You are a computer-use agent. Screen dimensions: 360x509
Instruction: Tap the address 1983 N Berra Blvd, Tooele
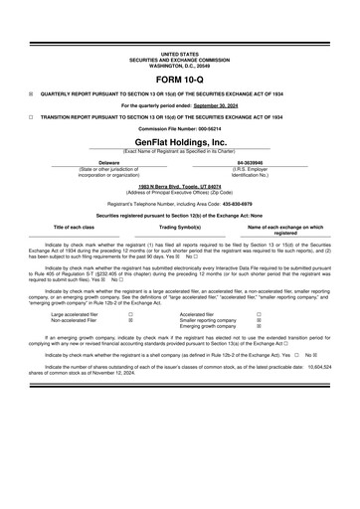click(x=179, y=185)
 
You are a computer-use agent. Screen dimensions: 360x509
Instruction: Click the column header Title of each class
click(x=74, y=227)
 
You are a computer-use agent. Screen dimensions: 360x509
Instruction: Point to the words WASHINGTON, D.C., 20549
click(x=179, y=65)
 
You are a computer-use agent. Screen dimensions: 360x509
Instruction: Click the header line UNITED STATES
click(x=179, y=53)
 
